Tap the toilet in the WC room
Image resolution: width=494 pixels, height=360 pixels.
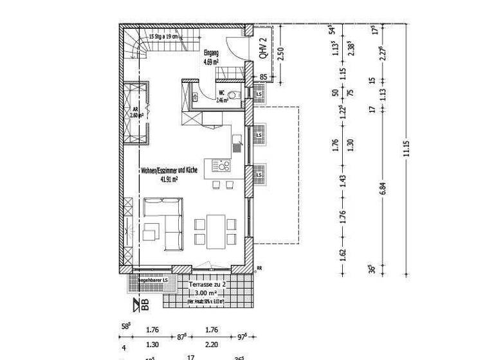click(x=235, y=96)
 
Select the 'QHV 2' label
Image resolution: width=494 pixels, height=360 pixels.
click(x=263, y=49)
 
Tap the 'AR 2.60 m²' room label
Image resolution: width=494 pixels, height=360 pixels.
click(x=136, y=113)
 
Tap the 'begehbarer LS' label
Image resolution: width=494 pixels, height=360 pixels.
click(x=153, y=280)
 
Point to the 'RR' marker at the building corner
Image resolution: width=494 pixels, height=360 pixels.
click(x=260, y=269)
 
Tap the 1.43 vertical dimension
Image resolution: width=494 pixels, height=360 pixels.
click(x=343, y=181)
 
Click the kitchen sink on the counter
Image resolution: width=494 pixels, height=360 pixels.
click(x=237, y=147)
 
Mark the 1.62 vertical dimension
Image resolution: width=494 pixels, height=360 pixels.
click(x=343, y=255)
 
